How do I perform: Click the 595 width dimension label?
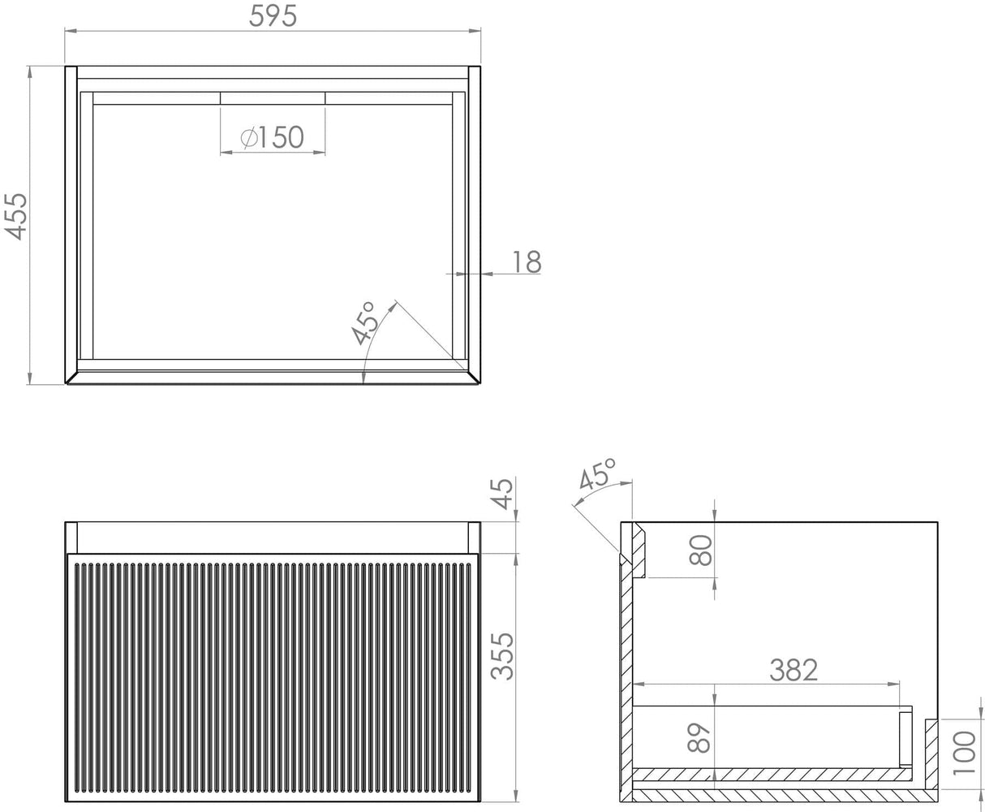(273, 15)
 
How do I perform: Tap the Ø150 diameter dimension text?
(273, 137)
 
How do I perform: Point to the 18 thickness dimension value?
(527, 261)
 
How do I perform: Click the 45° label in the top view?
(364, 323)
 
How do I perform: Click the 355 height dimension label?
(503, 655)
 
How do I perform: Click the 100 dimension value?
(964, 752)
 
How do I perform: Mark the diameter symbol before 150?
(249, 138)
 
